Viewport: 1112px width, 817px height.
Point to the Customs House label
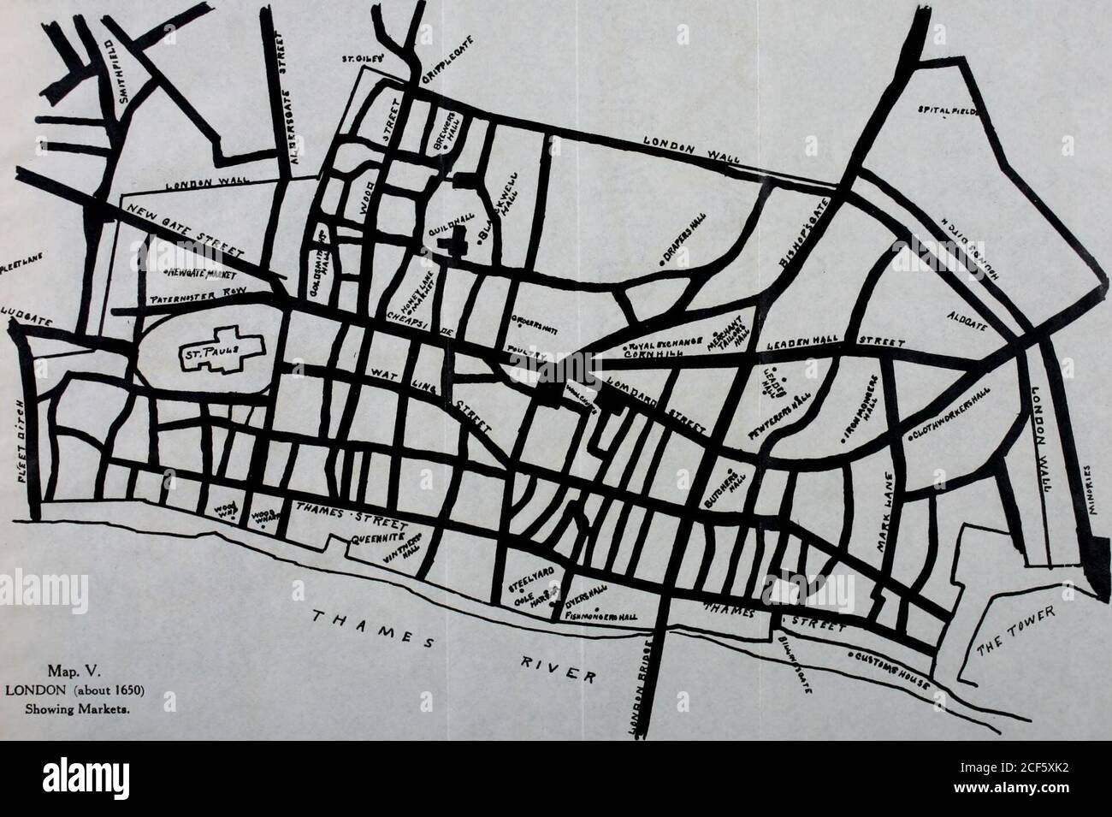[x=893, y=664]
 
